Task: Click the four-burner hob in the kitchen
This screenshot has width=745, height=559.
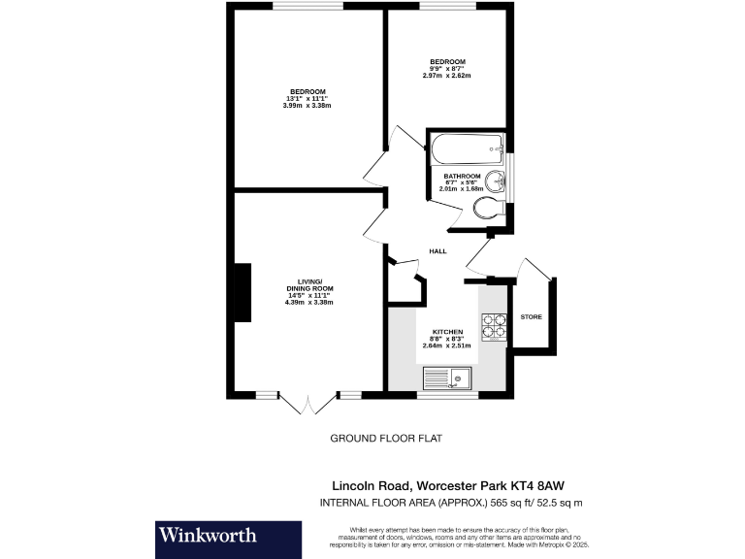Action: (494, 328)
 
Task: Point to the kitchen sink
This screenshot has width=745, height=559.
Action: (447, 378)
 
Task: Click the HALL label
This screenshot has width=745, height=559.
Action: (437, 251)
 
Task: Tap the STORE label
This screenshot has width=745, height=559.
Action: (531, 317)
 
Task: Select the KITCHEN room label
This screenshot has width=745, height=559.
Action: (436, 331)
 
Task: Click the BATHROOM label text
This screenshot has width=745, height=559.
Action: (462, 176)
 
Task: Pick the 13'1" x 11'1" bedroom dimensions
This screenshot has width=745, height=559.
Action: (307, 99)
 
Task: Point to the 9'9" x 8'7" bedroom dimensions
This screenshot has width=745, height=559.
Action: (447, 69)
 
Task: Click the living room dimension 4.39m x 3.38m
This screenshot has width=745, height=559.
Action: (308, 303)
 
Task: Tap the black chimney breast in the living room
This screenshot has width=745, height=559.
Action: (240, 293)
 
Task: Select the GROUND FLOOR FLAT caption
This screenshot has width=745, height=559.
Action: (385, 438)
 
